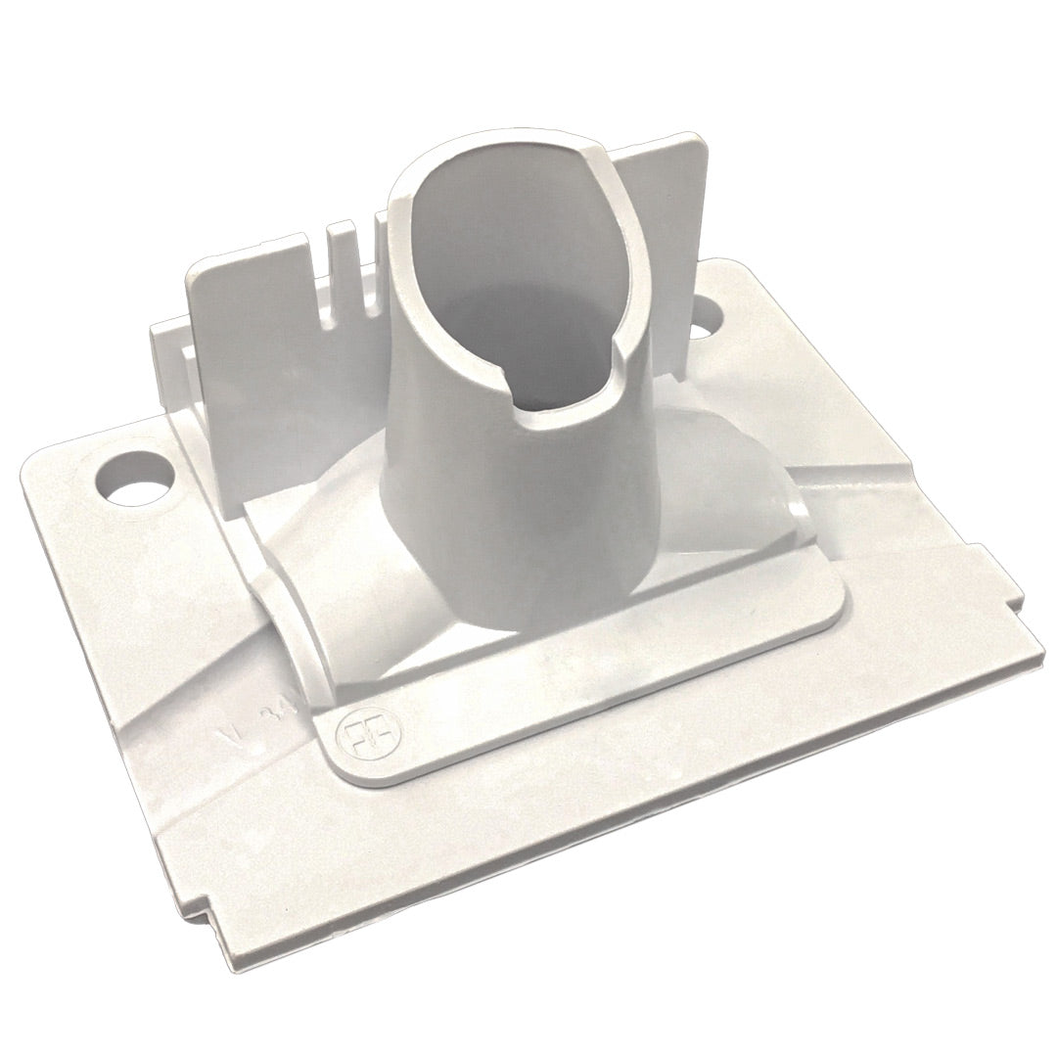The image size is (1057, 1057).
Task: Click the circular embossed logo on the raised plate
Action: pyautogui.click(x=359, y=737)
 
